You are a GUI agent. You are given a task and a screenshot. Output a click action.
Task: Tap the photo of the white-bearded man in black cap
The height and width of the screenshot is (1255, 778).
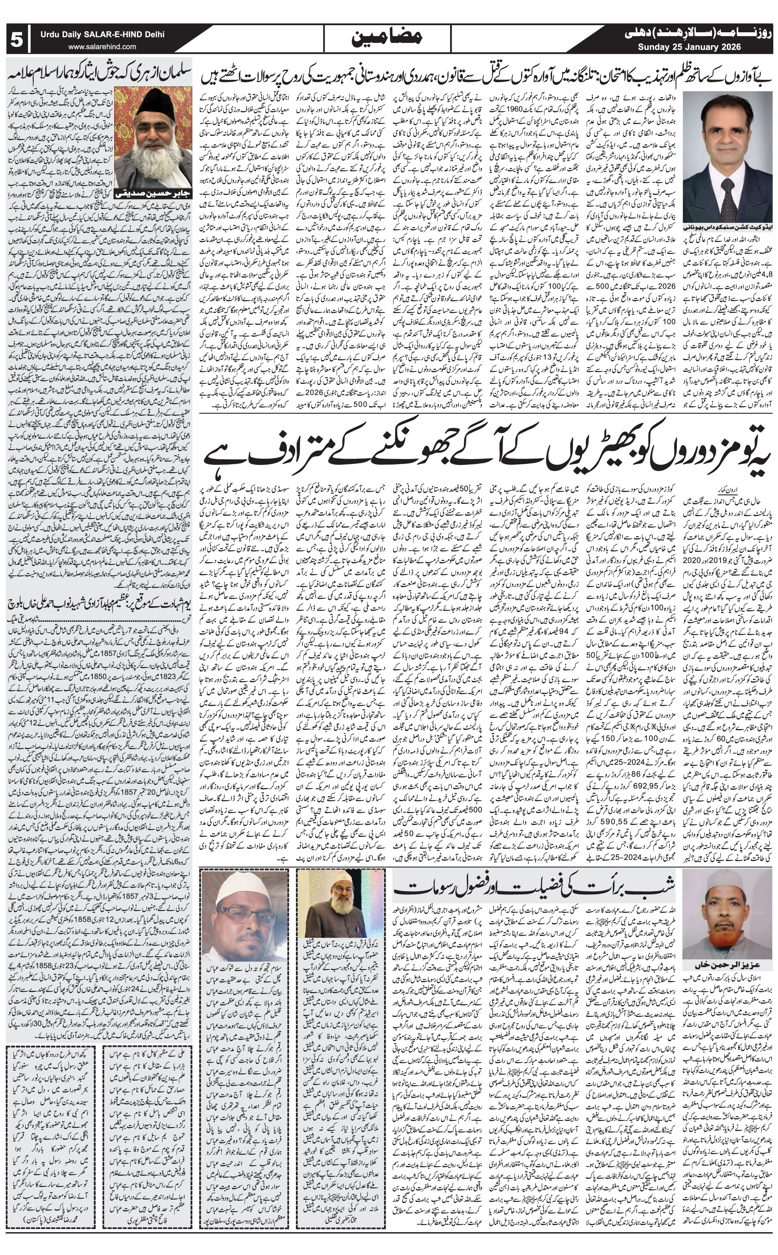[x=153, y=133]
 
